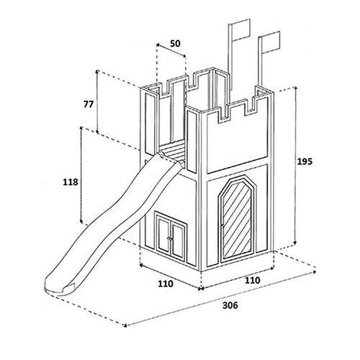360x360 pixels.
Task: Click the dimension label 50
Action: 175,44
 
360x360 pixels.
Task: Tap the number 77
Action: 89,104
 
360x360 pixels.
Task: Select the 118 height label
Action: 71,182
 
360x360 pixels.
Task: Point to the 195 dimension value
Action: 305,161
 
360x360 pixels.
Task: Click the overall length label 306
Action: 230,305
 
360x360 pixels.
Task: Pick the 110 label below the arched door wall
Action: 252,280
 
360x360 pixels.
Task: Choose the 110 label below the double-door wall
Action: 166,284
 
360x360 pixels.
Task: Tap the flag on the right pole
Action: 271,42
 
